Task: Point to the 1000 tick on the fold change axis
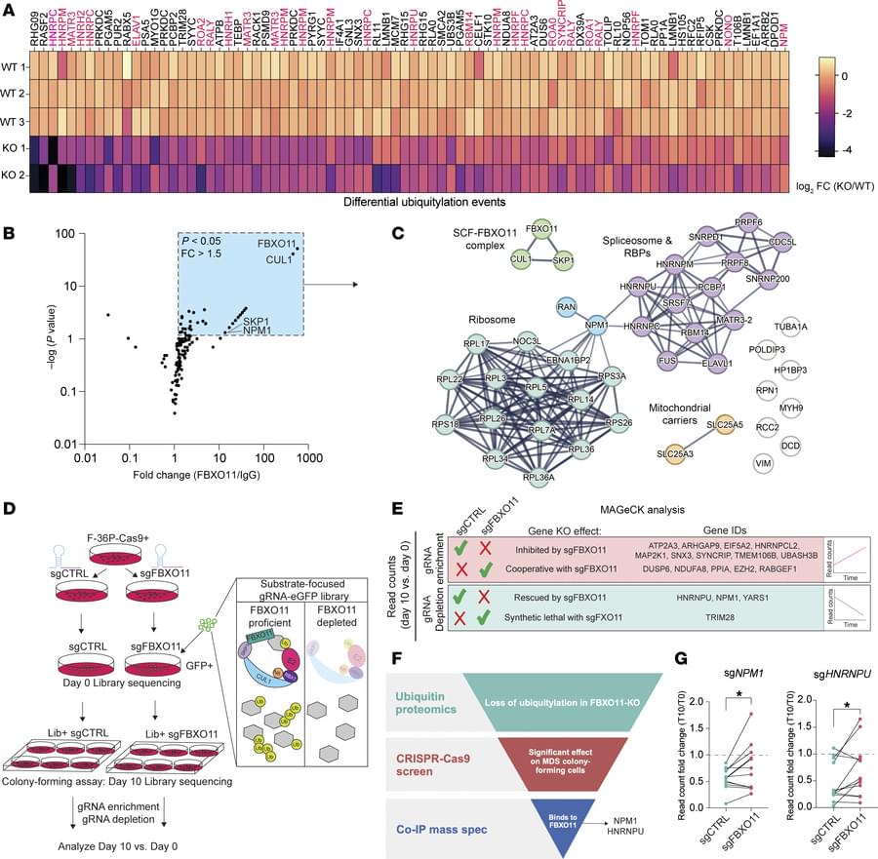309,456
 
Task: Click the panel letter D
10,508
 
